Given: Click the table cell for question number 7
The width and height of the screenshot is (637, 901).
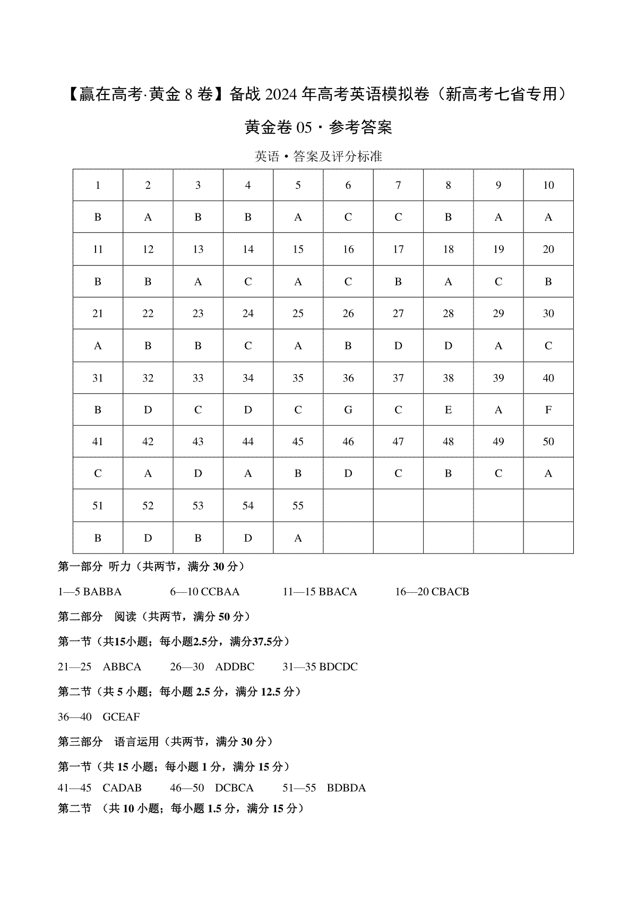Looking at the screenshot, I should (398, 185).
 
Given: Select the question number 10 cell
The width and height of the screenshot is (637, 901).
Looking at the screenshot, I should (548, 185).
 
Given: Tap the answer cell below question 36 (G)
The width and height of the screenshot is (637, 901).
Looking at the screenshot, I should (348, 410).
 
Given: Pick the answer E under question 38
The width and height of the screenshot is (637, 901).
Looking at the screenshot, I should (448, 410).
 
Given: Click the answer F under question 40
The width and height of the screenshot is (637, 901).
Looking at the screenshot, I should (548, 410).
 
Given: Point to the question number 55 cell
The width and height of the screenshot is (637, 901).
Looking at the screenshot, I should (298, 506).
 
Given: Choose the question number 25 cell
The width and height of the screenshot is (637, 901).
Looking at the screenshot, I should (298, 314).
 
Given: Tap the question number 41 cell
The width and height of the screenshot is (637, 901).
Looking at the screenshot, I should (98, 441).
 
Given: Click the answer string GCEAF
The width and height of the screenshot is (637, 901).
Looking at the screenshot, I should (121, 717).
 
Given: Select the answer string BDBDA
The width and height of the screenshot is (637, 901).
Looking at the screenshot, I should (346, 788).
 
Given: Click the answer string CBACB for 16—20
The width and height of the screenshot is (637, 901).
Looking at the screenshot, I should (450, 592).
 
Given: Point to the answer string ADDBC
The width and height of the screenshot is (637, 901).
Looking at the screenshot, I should (235, 667).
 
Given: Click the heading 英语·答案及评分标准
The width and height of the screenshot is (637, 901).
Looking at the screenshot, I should (318, 157).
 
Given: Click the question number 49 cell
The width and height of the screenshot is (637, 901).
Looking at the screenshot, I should (498, 441).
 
